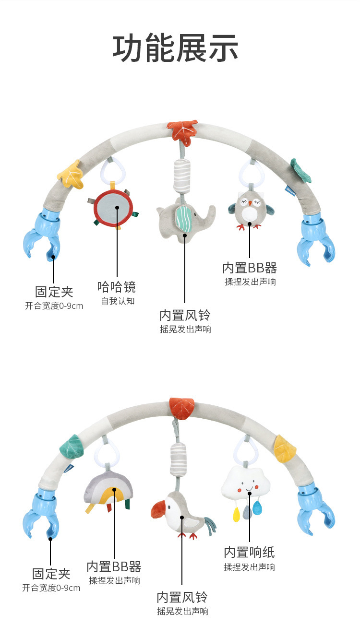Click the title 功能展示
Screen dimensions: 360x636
tap(176, 49)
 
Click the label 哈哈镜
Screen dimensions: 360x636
tap(117, 287)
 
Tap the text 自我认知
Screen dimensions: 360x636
tap(118, 301)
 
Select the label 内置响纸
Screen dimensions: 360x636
tap(249, 552)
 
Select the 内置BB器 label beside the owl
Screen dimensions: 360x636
tap(250, 268)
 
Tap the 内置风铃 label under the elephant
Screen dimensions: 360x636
tap(185, 315)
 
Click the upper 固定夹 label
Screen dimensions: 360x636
tap(54, 291)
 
